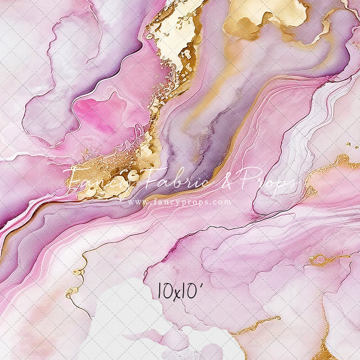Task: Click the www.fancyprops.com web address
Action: pos(180,202)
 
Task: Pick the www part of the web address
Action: pos(136,202)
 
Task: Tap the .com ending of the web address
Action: pos(222,202)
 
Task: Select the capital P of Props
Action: pos(252,176)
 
